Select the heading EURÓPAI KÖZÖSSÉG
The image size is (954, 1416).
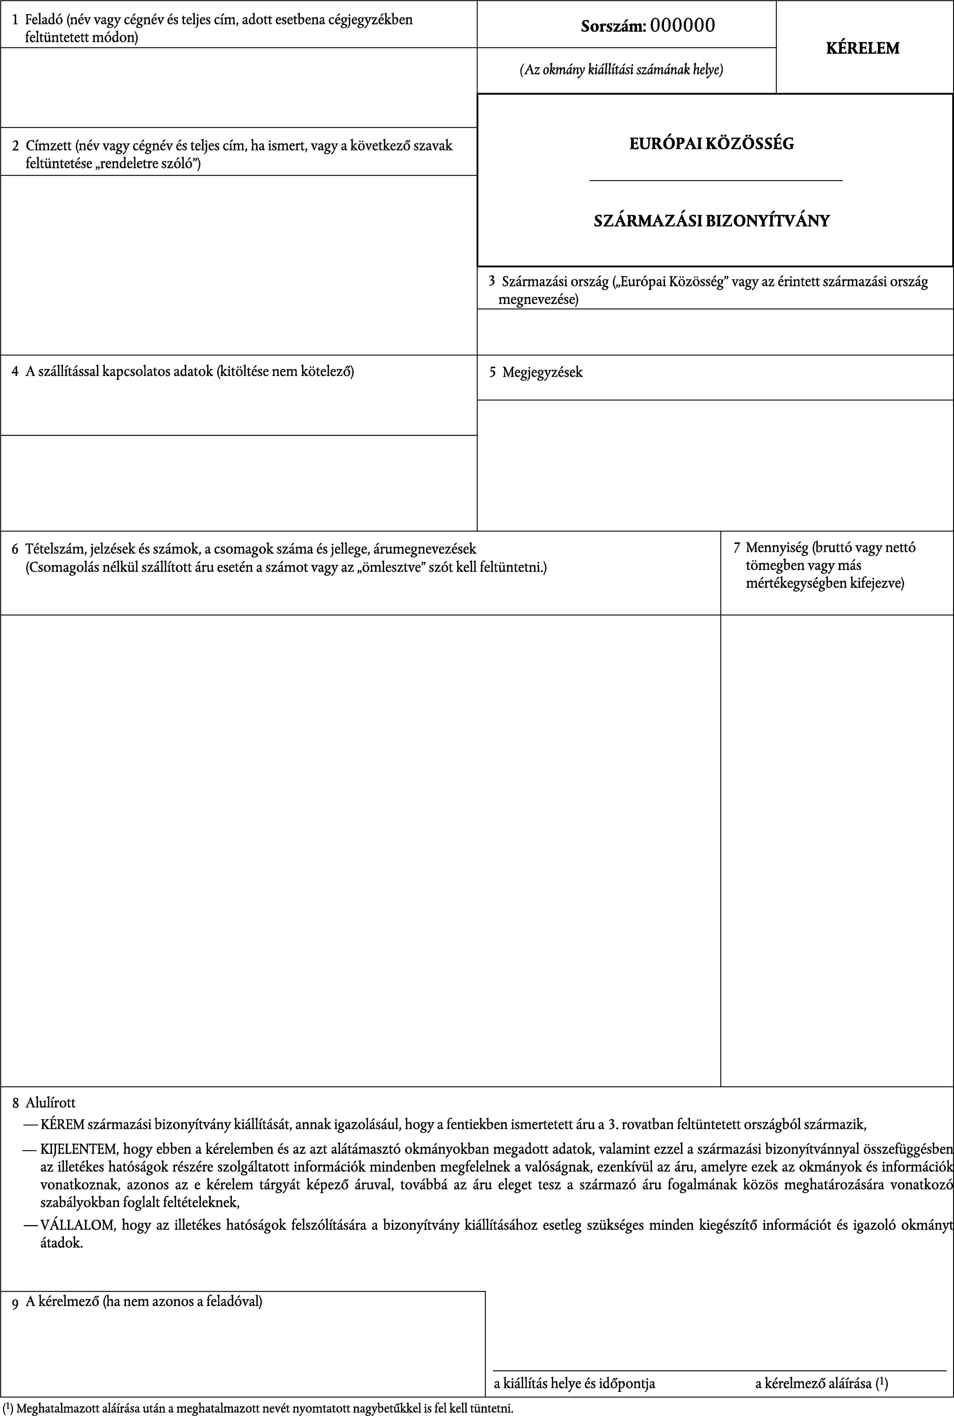pos(711,144)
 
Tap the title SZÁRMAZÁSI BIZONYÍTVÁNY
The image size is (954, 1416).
pos(711,220)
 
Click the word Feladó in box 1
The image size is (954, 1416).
pos(44,20)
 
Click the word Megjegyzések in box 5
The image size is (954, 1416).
pos(542,372)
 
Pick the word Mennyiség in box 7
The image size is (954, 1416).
pos(777,547)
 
